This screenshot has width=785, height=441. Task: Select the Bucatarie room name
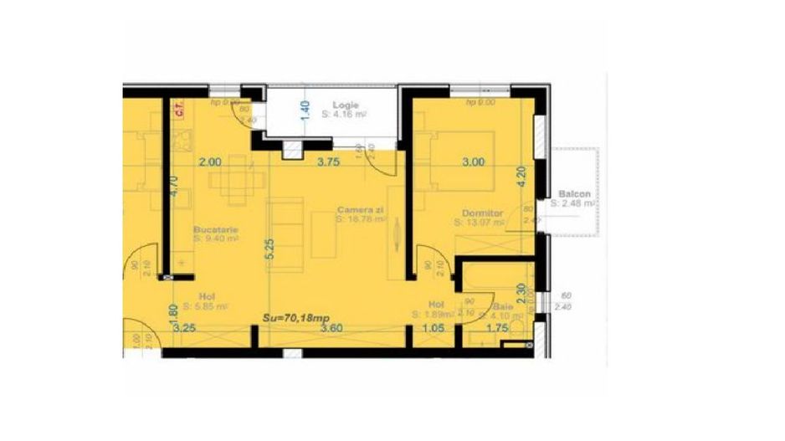[x=216, y=228]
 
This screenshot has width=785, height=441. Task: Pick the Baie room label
[x=503, y=306]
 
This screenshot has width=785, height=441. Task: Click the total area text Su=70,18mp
[x=295, y=318]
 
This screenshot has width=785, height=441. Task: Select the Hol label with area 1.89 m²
[x=435, y=305]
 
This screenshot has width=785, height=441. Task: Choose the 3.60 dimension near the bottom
[x=332, y=330]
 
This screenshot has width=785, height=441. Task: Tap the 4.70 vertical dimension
[x=174, y=185]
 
